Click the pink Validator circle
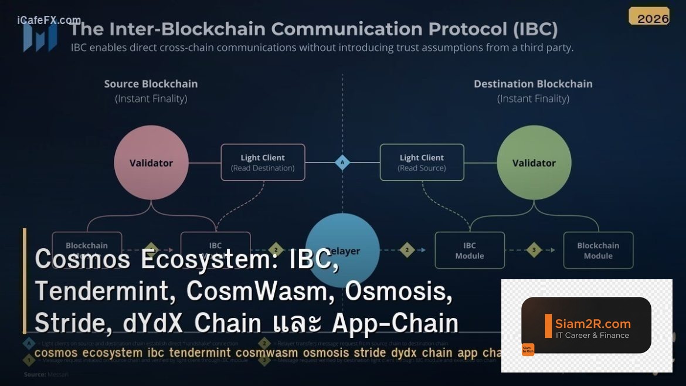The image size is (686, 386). [151, 162]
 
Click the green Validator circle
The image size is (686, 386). [534, 162]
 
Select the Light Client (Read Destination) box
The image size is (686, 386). [263, 162]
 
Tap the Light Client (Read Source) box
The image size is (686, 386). [422, 162]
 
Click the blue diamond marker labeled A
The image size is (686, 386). [342, 162]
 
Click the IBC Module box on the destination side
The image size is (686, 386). [470, 250]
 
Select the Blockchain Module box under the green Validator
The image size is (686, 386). [598, 250]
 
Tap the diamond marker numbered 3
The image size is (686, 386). [534, 250]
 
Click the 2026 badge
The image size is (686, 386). [653, 18]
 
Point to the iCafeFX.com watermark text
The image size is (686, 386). [49, 21]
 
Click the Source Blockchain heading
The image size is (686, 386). [151, 84]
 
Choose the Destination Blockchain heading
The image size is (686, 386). [533, 84]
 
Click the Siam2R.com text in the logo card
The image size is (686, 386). [593, 323]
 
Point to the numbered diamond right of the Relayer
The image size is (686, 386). [407, 250]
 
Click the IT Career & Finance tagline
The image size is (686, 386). [593, 336]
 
